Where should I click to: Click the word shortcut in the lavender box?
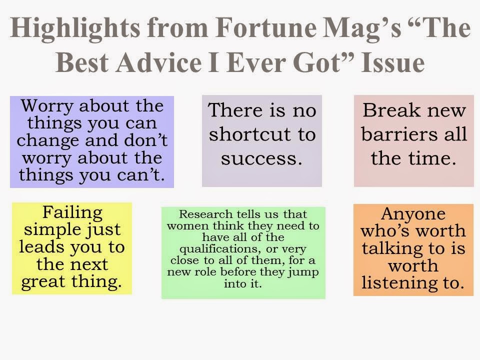[261, 134]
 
